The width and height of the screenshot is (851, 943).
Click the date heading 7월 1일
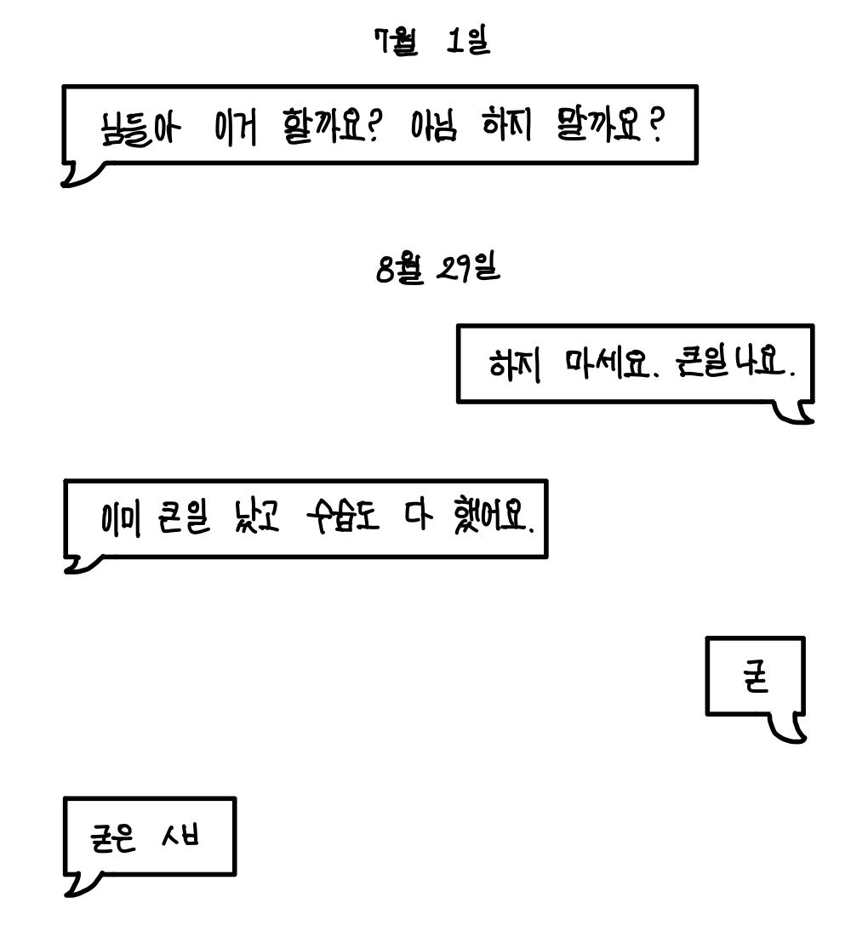point(433,40)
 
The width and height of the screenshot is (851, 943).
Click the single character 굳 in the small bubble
point(754,679)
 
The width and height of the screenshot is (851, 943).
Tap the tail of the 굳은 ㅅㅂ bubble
point(78,886)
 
